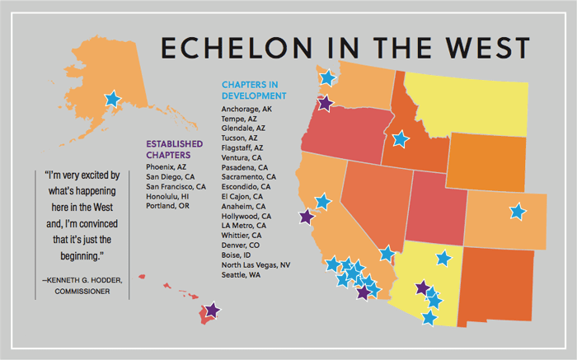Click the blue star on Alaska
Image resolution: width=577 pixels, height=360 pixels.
pos(112,100)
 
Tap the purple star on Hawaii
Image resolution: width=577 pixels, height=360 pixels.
pos(212,311)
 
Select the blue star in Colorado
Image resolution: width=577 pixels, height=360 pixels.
pos(517,212)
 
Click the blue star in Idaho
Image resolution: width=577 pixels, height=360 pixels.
pos(400,139)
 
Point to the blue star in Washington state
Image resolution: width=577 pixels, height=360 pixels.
pos(327,78)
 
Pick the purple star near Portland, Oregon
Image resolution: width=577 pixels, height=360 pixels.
pos(325,104)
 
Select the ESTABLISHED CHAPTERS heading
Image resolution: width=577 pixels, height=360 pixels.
pos(176,148)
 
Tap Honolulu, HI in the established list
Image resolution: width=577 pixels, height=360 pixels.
pos(167,197)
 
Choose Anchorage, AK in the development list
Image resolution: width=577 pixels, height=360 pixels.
pos(248,109)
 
